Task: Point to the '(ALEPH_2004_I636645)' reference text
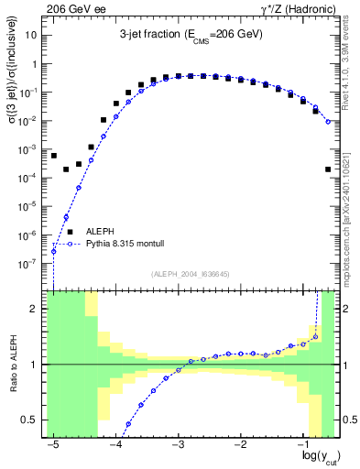191,274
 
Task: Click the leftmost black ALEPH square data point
54,156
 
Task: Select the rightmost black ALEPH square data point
328,169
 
